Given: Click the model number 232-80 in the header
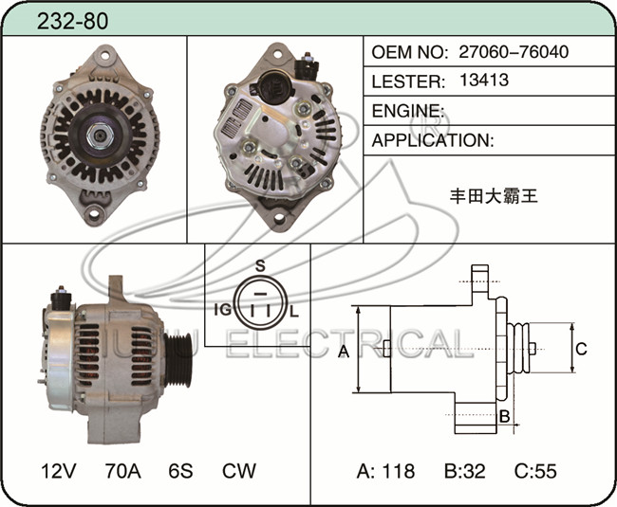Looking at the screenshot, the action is (x=72, y=21).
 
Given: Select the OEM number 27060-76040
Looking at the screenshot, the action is (x=514, y=52).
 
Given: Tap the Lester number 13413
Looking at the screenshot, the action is (x=484, y=81).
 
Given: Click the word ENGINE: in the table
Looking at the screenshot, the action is (x=408, y=111).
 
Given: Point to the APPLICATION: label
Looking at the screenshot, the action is (x=433, y=140).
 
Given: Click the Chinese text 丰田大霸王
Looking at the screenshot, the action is (x=494, y=196).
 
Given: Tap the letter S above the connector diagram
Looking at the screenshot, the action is (x=260, y=266).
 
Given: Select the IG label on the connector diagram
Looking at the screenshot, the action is (x=223, y=310).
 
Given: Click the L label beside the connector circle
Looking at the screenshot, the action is (x=294, y=312).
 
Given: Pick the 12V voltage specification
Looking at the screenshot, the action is (x=58, y=470).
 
